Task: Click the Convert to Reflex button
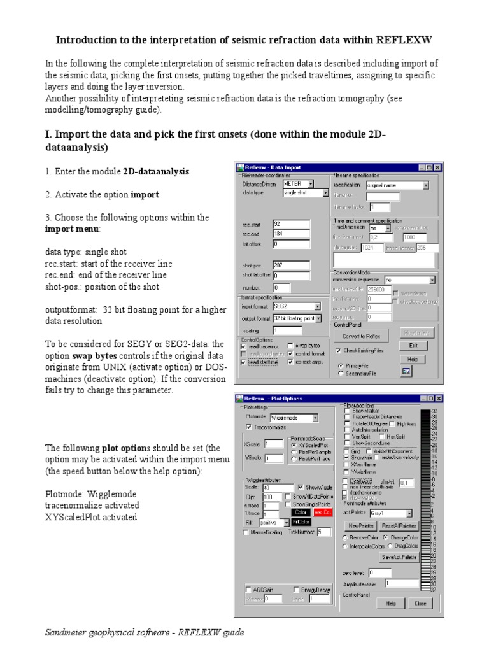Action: [x=362, y=336]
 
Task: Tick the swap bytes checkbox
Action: [x=291, y=345]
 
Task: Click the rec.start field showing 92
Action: [x=291, y=224]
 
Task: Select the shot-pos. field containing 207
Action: [x=291, y=264]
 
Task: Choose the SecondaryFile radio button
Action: [x=341, y=374]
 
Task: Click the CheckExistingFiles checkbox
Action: [x=339, y=350]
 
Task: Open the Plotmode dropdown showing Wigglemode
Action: [x=294, y=418]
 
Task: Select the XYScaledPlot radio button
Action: [x=294, y=445]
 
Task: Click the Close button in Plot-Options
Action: [x=420, y=603]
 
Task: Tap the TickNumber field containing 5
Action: [x=323, y=532]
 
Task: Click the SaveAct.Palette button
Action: [x=399, y=557]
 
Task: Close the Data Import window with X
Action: [x=437, y=167]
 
